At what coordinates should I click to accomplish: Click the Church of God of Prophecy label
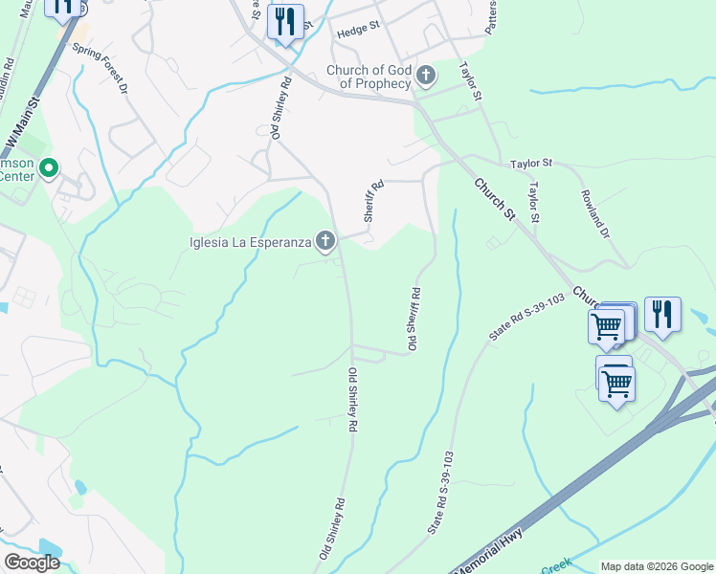click(369, 77)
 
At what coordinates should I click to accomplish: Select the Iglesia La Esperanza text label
click(251, 242)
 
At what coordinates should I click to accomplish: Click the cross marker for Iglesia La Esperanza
click(326, 241)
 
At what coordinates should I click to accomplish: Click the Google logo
click(32, 562)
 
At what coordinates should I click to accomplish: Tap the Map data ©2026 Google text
click(656, 566)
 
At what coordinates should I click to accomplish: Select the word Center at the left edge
click(16, 176)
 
